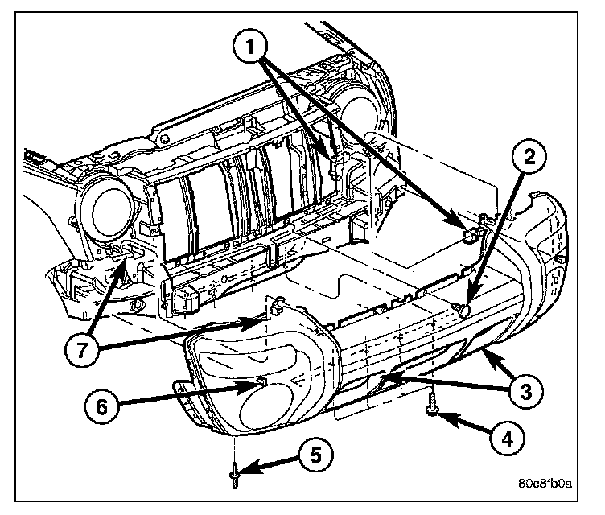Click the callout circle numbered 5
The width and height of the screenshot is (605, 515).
(311, 455)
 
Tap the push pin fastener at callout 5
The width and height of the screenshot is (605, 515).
(234, 476)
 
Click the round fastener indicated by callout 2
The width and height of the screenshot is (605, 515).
(464, 308)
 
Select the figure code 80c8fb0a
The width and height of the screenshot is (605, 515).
(545, 484)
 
